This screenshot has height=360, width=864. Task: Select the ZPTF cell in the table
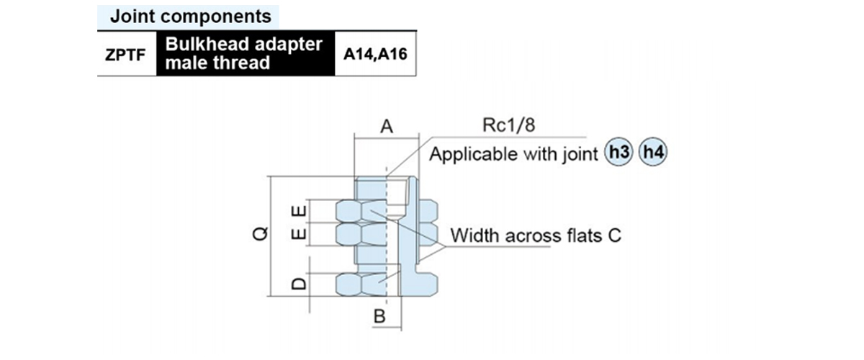click(126, 53)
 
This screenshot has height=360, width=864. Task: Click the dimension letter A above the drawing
click(387, 127)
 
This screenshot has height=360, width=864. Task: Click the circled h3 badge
click(618, 153)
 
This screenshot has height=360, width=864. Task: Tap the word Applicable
click(467, 154)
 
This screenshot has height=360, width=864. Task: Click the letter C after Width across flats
click(614, 235)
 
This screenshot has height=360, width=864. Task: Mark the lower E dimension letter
click(301, 235)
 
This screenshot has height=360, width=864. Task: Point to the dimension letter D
click(301, 284)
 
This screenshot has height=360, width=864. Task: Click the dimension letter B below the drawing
click(380, 317)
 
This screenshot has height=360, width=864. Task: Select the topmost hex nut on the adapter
click(387, 211)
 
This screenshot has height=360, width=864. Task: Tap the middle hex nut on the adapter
click(387, 235)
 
